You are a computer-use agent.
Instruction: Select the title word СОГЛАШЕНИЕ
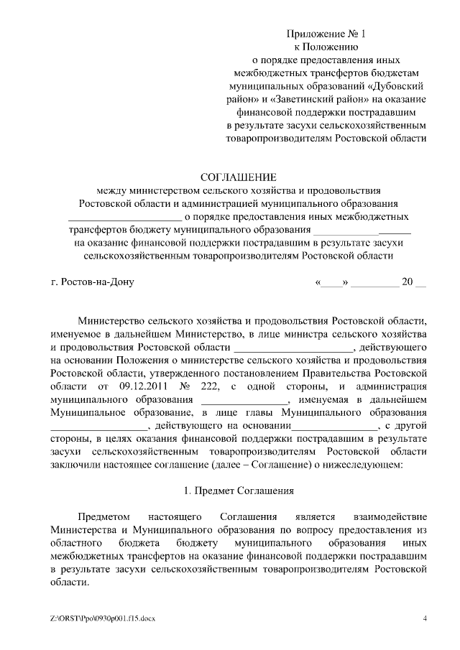(x=238, y=177)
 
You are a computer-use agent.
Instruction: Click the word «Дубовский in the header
(x=394, y=85)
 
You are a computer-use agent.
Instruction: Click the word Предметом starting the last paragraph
(x=106, y=517)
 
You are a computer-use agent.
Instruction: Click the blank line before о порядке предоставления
(x=124, y=218)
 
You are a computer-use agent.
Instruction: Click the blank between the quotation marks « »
(x=331, y=282)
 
